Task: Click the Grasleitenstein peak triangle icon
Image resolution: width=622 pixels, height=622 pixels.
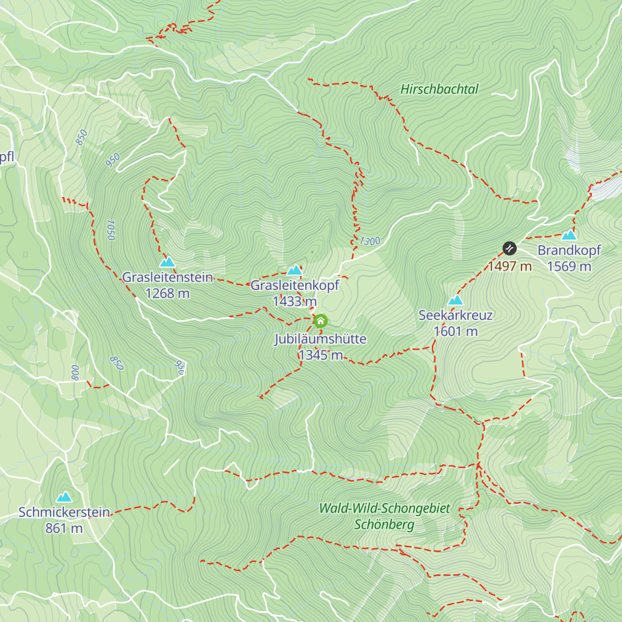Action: (167, 262)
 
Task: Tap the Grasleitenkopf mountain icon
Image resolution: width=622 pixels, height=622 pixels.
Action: (295, 270)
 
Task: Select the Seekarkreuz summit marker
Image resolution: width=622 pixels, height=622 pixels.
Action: (455, 300)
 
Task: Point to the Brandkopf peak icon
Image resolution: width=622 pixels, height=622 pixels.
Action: (569, 235)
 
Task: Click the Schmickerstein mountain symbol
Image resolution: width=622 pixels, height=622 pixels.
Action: (64, 498)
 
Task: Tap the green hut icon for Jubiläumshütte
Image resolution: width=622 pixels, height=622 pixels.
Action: (320, 321)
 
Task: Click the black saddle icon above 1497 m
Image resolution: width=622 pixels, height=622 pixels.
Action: (510, 248)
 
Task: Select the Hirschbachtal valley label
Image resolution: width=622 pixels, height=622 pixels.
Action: (439, 89)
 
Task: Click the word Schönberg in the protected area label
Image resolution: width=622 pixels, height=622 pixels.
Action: (384, 525)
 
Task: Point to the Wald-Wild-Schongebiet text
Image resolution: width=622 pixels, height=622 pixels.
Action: (385, 508)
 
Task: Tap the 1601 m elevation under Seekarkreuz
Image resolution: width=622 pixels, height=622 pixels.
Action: (455, 331)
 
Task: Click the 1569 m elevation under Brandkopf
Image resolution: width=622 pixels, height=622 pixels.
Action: (569, 266)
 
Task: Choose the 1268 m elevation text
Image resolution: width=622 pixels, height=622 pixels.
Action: (167, 293)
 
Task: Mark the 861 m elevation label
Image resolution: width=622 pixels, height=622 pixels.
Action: (64, 528)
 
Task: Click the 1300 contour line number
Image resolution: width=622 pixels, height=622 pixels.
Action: (370, 241)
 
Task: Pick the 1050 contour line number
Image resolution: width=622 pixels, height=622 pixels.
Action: (110, 230)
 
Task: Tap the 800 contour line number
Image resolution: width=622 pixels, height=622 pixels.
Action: (76, 372)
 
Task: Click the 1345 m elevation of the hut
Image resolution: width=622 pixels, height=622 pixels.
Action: (320, 355)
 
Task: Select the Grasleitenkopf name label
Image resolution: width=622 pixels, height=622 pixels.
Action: (295, 285)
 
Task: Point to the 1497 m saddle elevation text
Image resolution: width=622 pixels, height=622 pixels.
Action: (510, 266)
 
